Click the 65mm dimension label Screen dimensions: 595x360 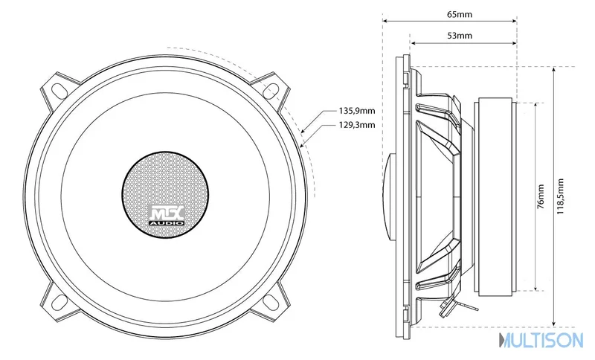pyautogui.click(x=460, y=14)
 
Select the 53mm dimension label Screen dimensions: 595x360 pyautogui.click(x=460, y=36)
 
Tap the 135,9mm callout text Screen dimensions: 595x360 pyautogui.click(x=357, y=111)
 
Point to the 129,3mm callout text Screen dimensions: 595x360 pyautogui.click(x=357, y=125)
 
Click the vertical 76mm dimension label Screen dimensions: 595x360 pyautogui.click(x=541, y=196)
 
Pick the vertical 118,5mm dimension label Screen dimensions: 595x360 pyautogui.click(x=560, y=196)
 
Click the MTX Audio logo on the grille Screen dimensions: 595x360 pyautogui.click(x=167, y=215)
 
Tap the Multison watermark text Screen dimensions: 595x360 pyautogui.click(x=541, y=340)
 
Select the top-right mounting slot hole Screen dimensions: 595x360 pyautogui.click(x=270, y=90)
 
